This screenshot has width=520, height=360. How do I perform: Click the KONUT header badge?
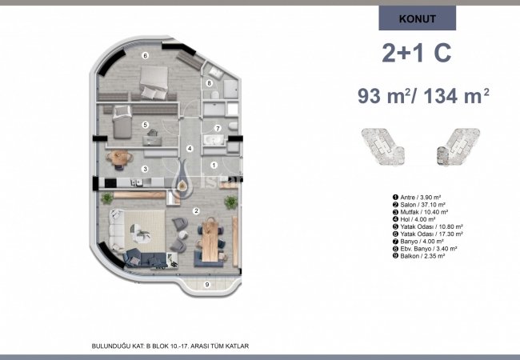417,18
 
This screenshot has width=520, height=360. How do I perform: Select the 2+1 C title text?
417,54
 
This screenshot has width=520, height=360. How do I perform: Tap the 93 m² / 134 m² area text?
423,97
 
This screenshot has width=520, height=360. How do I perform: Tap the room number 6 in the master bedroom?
145,55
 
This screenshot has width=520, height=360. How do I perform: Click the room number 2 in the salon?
196,210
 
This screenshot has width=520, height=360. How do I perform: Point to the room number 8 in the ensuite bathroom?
209,83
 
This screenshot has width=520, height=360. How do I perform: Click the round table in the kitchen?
119,158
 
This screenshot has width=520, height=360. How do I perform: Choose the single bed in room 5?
120,124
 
